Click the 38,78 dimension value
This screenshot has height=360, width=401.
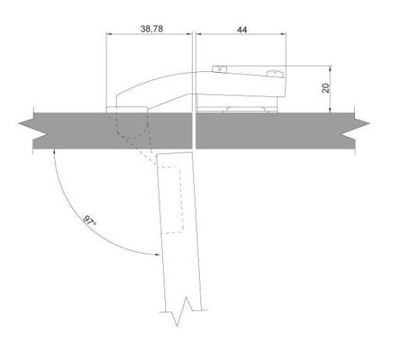point(152,29)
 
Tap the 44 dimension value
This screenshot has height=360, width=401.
point(242,30)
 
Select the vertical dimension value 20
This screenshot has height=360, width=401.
point(326,88)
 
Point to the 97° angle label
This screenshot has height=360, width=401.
point(89,221)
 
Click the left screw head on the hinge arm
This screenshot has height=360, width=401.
point(219,69)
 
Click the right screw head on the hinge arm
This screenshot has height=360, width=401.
point(275,74)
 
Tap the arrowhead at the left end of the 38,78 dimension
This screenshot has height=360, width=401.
point(109,34)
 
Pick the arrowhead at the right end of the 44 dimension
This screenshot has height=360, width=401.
point(284,34)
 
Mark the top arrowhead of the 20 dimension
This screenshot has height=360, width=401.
point(331,68)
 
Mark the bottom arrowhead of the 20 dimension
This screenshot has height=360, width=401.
point(331,110)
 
